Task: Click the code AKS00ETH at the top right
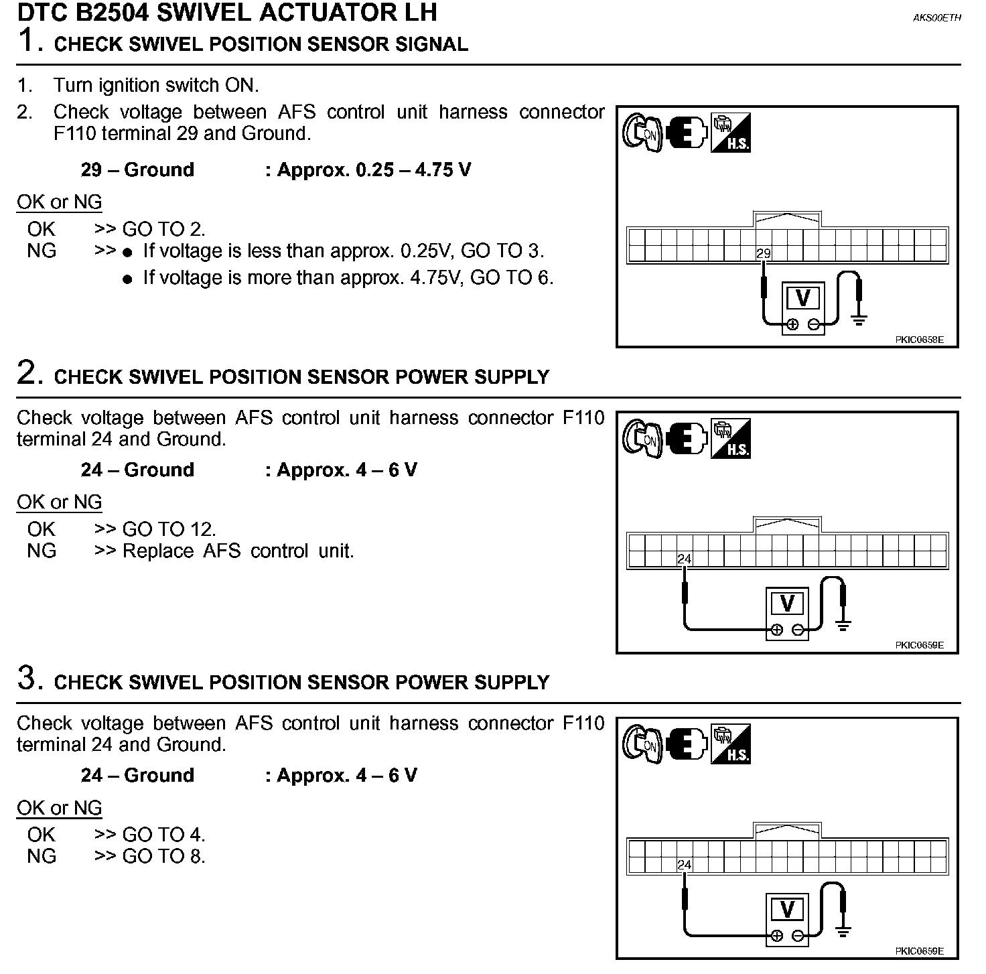[x=936, y=18]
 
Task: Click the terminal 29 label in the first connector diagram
[x=764, y=254]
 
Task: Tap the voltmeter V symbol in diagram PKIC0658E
[x=802, y=298]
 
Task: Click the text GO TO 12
[x=169, y=529]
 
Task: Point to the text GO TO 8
[x=163, y=856]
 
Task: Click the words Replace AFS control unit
[x=238, y=551]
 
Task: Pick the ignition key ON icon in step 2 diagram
[x=642, y=438]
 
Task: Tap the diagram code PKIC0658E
[x=919, y=340]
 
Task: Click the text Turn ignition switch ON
[x=155, y=85]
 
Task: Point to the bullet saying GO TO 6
[x=348, y=278]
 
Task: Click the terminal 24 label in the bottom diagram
[x=684, y=865]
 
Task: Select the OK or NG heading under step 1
[x=60, y=202]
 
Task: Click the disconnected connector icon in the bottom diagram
[x=687, y=744]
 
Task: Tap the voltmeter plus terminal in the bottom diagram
[x=776, y=935]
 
